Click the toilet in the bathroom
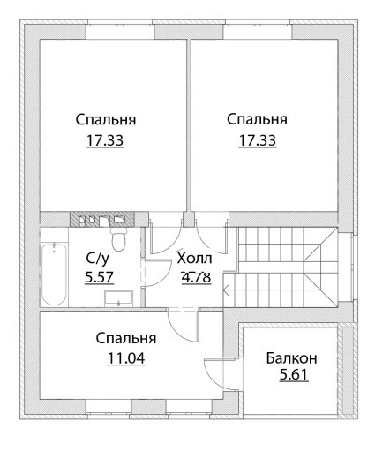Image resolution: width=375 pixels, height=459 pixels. [119, 239]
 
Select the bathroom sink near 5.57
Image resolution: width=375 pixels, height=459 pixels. [119, 298]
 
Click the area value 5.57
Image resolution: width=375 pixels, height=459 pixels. [99, 277]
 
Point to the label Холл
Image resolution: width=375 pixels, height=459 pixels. [194, 259]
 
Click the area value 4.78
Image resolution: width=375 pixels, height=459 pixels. [196, 277]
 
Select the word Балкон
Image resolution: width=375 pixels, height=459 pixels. [291, 358]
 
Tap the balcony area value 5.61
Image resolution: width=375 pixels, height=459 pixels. [294, 375]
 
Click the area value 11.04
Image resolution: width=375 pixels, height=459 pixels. [126, 358]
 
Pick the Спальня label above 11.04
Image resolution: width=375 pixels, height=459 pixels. [126, 339]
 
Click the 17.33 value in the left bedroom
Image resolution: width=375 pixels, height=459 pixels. [105, 140]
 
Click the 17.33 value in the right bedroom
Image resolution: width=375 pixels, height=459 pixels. [257, 140]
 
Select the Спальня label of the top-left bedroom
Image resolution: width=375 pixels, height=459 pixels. [106, 120]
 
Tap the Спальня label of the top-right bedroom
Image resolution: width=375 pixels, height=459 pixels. [257, 120]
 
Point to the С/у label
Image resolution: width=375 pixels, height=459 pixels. [98, 259]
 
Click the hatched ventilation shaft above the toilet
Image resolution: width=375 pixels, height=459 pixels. [102, 219]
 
